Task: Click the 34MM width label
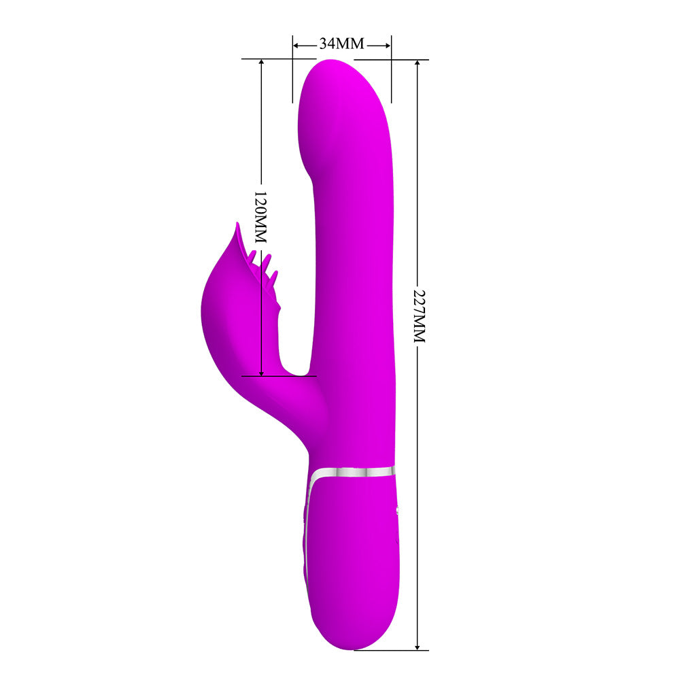pyautogui.click(x=342, y=44)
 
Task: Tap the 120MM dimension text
pyautogui.click(x=260, y=217)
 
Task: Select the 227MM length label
pyautogui.click(x=420, y=316)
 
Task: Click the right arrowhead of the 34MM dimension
pyautogui.click(x=388, y=45)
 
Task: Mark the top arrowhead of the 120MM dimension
pyautogui.click(x=261, y=63)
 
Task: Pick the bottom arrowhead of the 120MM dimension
pyautogui.click(x=261, y=372)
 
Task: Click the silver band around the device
pyautogui.click(x=352, y=473)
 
